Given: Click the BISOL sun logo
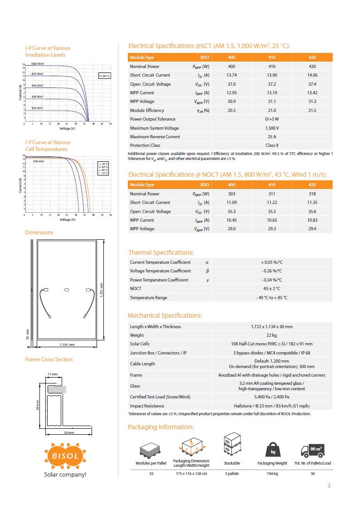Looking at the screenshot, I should pyautogui.click(x=64, y=455).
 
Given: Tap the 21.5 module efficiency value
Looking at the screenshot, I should pyautogui.click(x=312, y=111).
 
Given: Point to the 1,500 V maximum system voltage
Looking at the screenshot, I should pyautogui.click(x=272, y=128).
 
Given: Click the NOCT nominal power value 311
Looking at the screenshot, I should pyautogui.click(x=272, y=194).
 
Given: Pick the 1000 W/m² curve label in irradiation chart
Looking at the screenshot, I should pyautogui.click(x=37, y=64).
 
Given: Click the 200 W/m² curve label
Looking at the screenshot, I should pyautogui.click(x=37, y=108).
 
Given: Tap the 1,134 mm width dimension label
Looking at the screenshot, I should pyautogui.click(x=67, y=345).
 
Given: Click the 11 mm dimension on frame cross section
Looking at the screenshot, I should pyautogui.click(x=53, y=374).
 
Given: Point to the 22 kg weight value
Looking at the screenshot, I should pyautogui.click(x=272, y=335).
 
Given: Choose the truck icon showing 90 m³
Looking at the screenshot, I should pyautogui.click(x=312, y=450).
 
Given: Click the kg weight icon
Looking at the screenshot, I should pyautogui.click(x=272, y=451).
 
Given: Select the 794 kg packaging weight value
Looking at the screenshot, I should pyautogui.click(x=272, y=474).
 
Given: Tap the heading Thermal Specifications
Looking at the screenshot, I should pyautogui.click(x=161, y=252).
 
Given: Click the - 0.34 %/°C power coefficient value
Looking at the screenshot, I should pyautogui.click(x=272, y=280).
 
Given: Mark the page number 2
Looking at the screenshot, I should pyautogui.click(x=329, y=486).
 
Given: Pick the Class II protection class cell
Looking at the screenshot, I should pyautogui.click(x=272, y=145).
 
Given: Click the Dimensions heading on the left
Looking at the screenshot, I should pyautogui.click(x=39, y=233).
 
